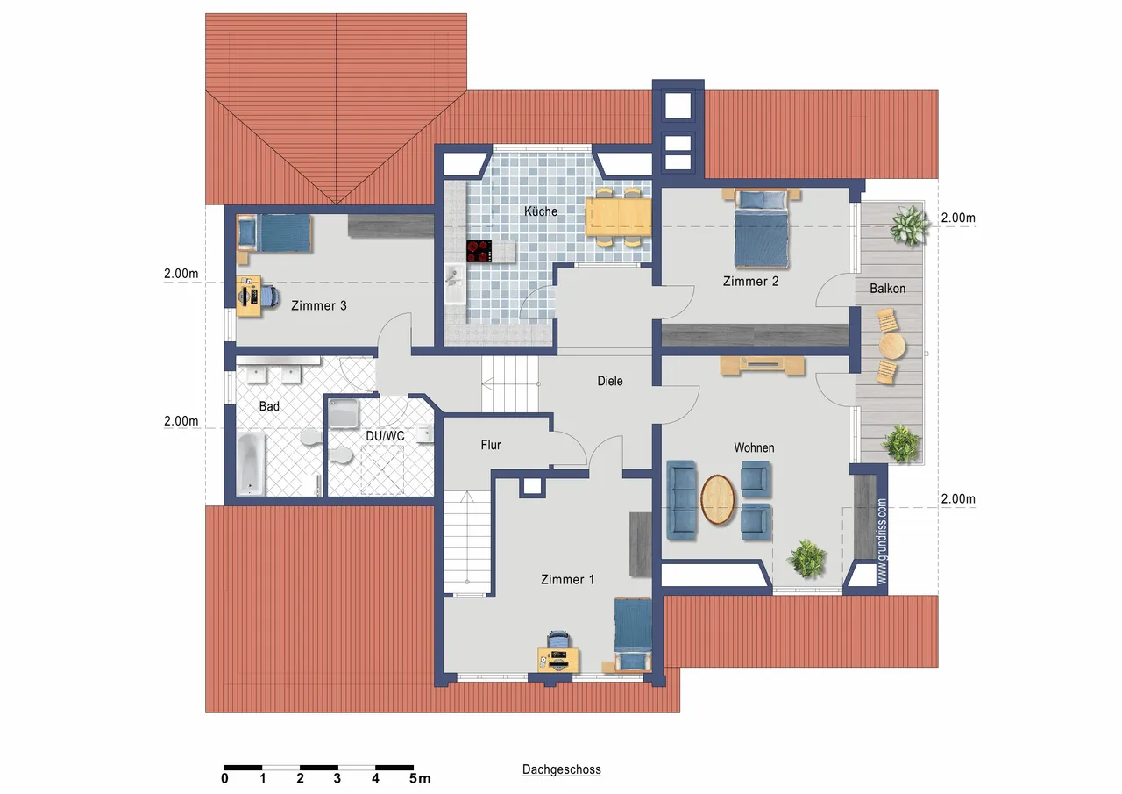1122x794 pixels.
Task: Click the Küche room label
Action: click(541, 211)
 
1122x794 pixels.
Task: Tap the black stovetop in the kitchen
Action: click(479, 251)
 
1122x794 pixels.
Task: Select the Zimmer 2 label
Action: click(750, 282)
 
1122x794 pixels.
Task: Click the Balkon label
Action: click(887, 289)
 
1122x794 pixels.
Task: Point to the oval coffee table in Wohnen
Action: click(717, 499)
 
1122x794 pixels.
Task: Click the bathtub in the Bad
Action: click(250, 464)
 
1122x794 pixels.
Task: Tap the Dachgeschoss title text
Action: click(561, 769)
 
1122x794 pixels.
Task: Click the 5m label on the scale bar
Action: click(420, 778)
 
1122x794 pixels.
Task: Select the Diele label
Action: click(609, 381)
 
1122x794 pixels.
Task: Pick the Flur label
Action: click(490, 445)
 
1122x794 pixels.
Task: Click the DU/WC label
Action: click(385, 436)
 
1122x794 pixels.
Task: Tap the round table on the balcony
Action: click(892, 346)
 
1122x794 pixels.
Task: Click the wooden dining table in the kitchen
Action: click(618, 217)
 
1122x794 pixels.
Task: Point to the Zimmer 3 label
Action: click(318, 306)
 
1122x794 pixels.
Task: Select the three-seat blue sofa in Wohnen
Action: click(682, 500)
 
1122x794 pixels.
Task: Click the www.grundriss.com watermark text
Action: click(882, 540)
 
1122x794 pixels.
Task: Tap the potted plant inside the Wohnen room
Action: click(806, 558)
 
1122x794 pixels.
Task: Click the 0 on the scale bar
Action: click(224, 778)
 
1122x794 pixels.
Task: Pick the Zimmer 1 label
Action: click(567, 579)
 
